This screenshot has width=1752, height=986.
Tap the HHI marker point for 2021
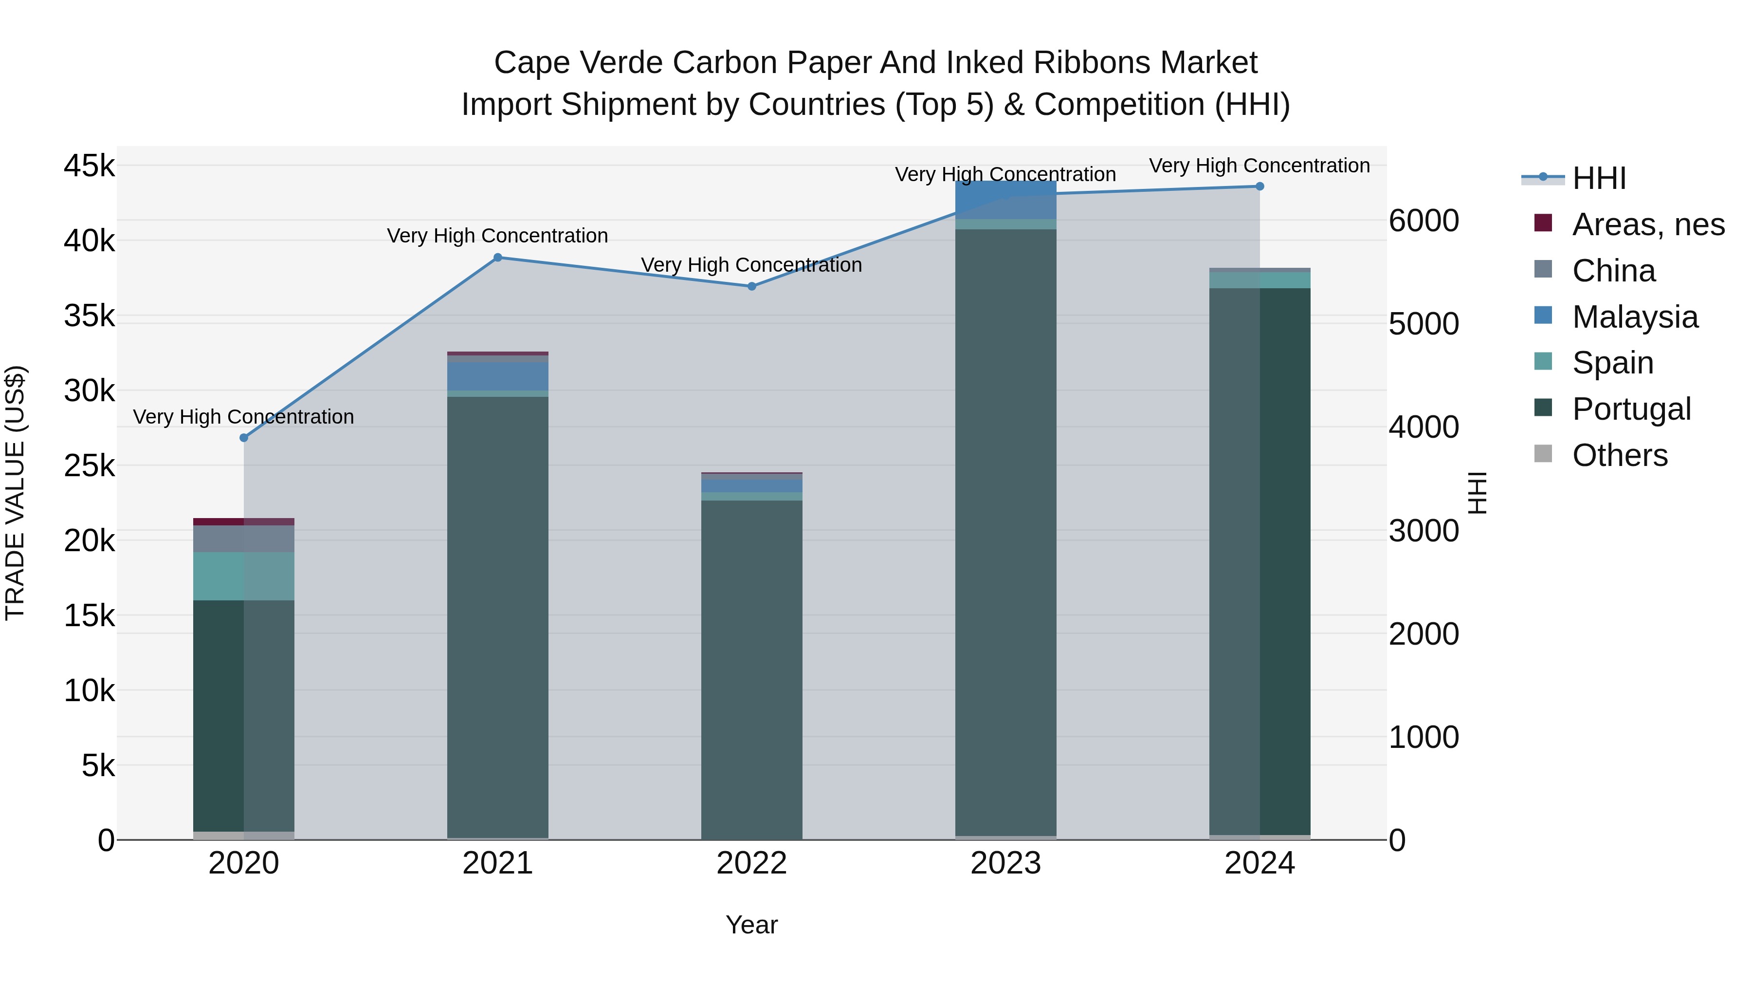pyautogui.click(x=498, y=257)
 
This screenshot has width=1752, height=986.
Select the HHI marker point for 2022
pyautogui.click(x=751, y=286)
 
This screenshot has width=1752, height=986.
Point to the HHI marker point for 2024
pyautogui.click(x=1259, y=186)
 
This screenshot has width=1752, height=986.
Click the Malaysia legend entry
pyautogui.click(x=1635, y=317)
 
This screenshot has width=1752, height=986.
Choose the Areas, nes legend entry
pyautogui.click(x=1648, y=224)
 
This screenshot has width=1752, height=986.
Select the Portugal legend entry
pyautogui.click(x=1631, y=409)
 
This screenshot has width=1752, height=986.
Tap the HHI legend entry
pyautogui.click(x=1598, y=178)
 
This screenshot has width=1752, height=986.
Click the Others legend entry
pyautogui.click(x=1619, y=455)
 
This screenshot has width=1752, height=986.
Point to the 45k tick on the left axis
pyautogui.click(x=89, y=166)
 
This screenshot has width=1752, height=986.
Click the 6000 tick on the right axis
pyautogui.click(x=1423, y=221)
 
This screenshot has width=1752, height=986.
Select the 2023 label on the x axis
pyautogui.click(x=1005, y=863)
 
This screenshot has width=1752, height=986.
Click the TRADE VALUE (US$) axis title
pyautogui.click(x=16, y=493)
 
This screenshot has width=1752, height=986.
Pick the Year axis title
pyautogui.click(x=751, y=925)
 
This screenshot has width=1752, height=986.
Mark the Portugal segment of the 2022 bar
pyautogui.click(x=751, y=667)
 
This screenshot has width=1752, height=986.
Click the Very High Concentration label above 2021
pyautogui.click(x=497, y=236)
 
